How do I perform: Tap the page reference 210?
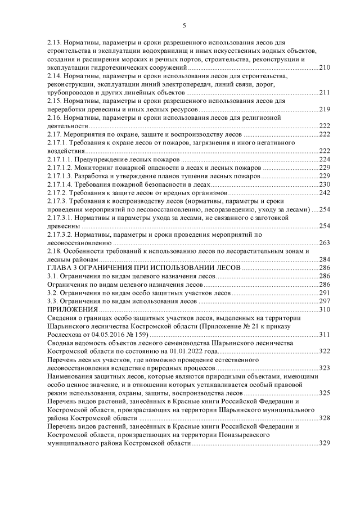point(324,67)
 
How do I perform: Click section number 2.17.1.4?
point(58,184)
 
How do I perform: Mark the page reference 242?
point(324,193)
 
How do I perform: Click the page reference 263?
point(324,243)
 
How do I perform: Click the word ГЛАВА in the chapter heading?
point(59,268)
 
